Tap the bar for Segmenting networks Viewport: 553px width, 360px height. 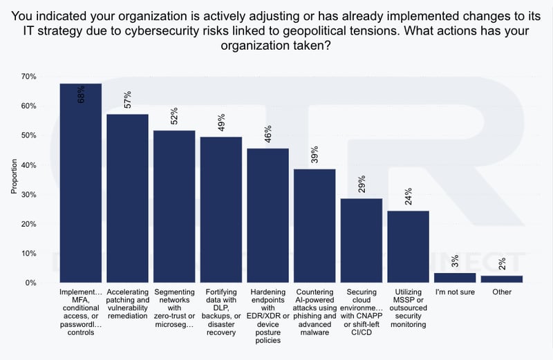pos(174,207)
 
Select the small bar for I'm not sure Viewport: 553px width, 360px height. pos(455,278)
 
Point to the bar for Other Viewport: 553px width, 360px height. pos(502,279)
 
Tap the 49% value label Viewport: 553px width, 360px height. pos(222,123)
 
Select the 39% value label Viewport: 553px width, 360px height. pos(315,155)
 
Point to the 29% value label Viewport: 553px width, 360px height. pos(362,184)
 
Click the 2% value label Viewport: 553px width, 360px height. pos(502,265)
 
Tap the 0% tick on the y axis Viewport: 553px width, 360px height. pos(30,283)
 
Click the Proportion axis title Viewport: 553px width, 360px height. pos(13,180)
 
